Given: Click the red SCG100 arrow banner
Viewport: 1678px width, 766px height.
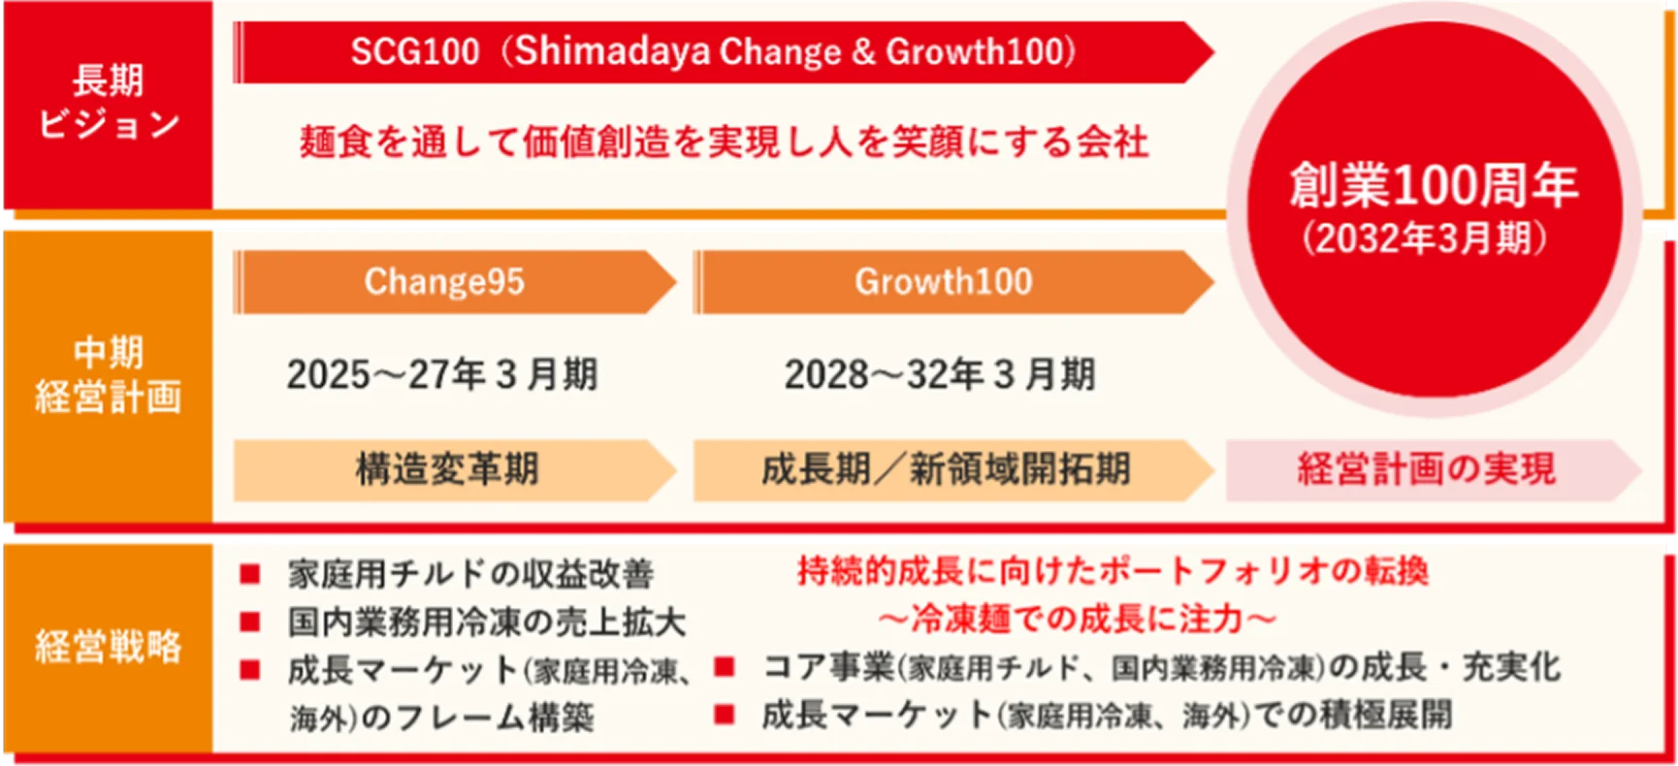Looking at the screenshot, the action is tap(723, 52).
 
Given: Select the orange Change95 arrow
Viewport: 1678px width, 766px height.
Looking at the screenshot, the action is tap(454, 282).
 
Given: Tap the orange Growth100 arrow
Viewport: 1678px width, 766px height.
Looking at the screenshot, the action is tap(953, 282).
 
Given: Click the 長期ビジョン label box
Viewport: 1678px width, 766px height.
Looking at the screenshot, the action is tap(108, 104).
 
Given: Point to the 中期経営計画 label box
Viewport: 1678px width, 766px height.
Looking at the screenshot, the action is tap(108, 375).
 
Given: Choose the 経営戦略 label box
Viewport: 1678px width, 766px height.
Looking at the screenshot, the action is tap(108, 647).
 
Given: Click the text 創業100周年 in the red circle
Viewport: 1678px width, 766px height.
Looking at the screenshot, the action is tap(1434, 184).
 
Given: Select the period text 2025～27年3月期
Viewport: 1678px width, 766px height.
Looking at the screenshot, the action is tap(442, 374).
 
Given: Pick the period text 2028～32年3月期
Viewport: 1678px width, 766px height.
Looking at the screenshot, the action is tap(940, 374).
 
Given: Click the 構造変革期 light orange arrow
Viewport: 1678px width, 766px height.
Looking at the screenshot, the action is tap(454, 469).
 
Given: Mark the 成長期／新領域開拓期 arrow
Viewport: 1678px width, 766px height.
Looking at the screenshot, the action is tap(953, 469).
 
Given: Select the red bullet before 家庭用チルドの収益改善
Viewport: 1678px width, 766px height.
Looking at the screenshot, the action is tap(250, 574).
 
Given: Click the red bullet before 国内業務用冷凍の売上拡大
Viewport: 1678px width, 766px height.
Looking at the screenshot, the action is tap(250, 622).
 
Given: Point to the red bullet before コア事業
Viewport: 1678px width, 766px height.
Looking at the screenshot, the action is tap(724, 666).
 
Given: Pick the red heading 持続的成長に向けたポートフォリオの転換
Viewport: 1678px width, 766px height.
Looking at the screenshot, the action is tap(1113, 571).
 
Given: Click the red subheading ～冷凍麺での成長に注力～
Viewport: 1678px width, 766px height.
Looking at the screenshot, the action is tap(1077, 619).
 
